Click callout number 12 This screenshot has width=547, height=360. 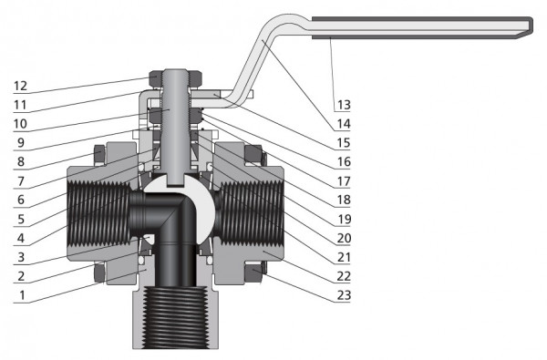click(x=20, y=86)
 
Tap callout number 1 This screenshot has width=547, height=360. click(x=22, y=295)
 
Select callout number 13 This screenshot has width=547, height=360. click(x=344, y=105)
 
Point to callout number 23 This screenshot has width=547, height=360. click(x=344, y=295)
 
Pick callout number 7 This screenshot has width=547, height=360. click(x=21, y=181)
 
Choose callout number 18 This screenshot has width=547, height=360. click(x=344, y=200)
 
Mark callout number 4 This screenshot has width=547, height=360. click(x=21, y=238)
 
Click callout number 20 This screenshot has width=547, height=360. click(x=344, y=238)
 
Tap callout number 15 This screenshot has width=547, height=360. click(x=344, y=143)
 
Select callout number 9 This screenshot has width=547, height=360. click(x=21, y=143)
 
